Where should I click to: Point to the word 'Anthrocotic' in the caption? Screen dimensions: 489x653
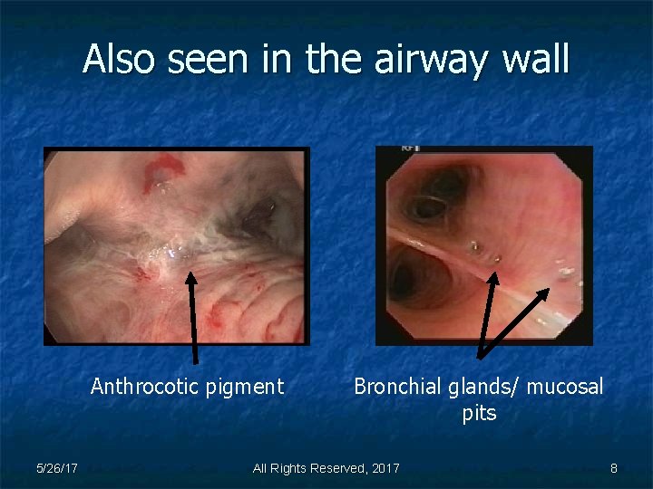pos(145,387)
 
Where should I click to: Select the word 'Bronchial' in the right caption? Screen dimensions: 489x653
pos(395,387)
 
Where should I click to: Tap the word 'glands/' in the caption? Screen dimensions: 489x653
pos(481,387)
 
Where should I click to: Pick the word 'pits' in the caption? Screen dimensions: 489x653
pos(479,414)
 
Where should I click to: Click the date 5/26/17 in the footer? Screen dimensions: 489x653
pos(56,468)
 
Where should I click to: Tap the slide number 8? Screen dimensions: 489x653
pos(614,468)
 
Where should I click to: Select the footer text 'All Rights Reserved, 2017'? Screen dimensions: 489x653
pos(326,468)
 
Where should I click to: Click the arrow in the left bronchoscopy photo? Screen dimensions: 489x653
pos(193,317)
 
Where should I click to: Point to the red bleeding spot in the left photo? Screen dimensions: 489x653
pos(163,168)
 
